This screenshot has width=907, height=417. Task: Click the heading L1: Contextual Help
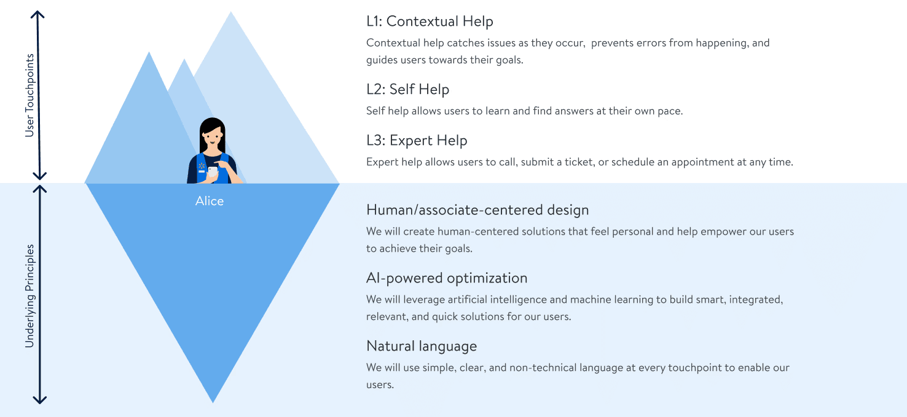tap(430, 21)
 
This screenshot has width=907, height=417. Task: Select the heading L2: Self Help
tap(407, 90)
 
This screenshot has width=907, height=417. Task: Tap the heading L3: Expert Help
tap(417, 141)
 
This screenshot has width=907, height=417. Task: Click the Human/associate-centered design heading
tap(477, 210)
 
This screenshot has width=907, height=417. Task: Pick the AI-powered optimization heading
tap(447, 278)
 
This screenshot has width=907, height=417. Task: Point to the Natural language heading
tap(422, 346)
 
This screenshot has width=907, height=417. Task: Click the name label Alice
tap(210, 201)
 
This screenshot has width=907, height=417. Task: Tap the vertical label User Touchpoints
tap(29, 96)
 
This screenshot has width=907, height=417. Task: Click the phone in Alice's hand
tap(213, 171)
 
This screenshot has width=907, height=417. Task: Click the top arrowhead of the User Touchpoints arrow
tap(39, 14)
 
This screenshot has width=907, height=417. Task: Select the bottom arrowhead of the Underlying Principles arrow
tap(39, 401)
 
